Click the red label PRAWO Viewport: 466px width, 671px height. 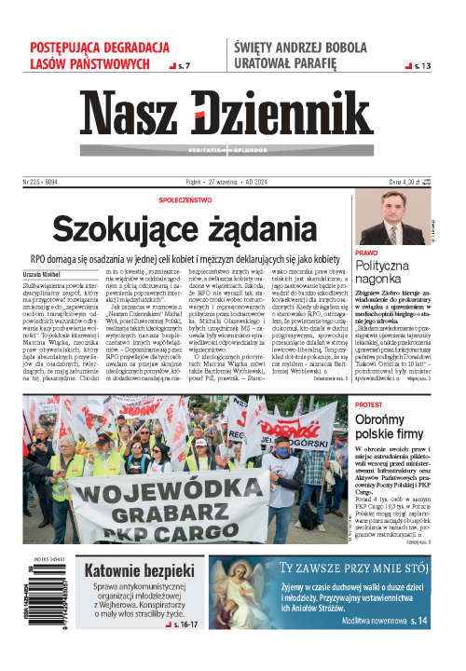pyautogui.click(x=366, y=253)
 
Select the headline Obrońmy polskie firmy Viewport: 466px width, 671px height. pyautogui.click(x=399, y=431)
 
